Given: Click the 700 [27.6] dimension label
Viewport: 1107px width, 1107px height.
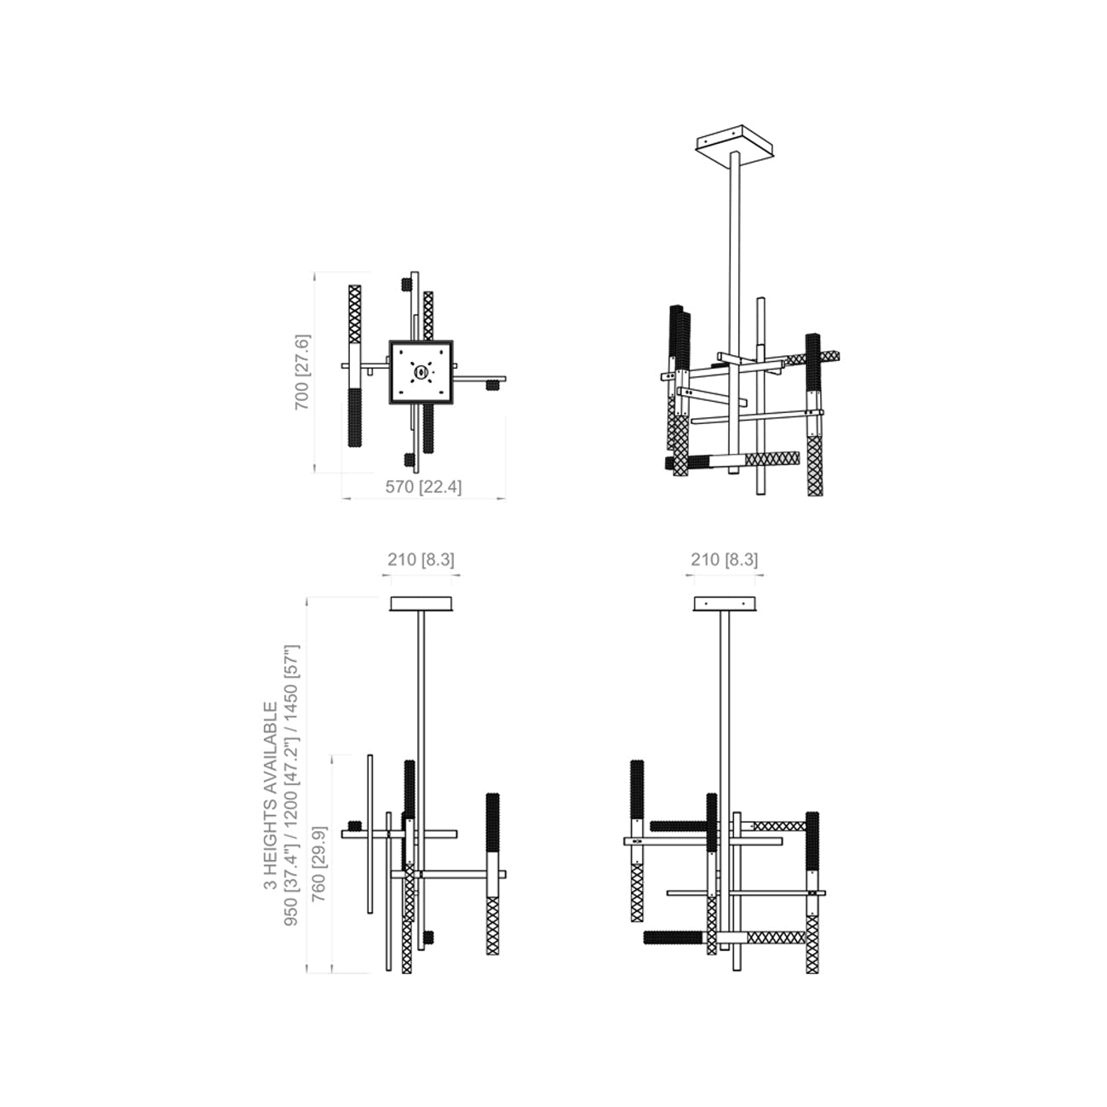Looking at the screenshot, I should (x=303, y=372).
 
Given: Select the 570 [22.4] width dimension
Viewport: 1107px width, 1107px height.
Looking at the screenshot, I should (x=423, y=487).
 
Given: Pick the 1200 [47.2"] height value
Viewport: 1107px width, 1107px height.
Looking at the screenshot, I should (x=294, y=793).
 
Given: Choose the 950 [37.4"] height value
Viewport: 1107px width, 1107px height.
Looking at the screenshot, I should (x=294, y=906).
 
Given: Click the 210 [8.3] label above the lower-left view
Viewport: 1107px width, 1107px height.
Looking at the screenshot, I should (x=422, y=559).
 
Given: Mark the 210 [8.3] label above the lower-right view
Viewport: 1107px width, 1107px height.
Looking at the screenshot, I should (x=724, y=559).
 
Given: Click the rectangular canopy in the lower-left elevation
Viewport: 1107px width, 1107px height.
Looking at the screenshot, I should (x=422, y=604).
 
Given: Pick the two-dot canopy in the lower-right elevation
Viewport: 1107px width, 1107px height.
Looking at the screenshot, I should (x=724, y=604).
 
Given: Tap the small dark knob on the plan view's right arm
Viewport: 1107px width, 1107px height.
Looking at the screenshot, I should (x=491, y=385).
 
